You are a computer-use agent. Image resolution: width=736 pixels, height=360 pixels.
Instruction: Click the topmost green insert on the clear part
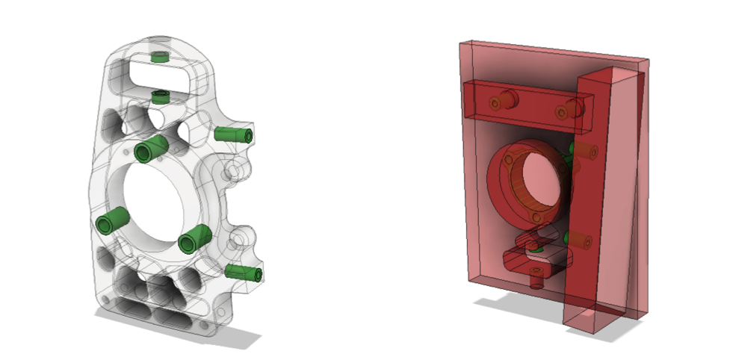point(158,57)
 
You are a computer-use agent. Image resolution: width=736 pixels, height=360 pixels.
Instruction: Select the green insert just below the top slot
point(159,96)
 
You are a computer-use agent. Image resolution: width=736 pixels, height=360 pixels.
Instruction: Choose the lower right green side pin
point(244,273)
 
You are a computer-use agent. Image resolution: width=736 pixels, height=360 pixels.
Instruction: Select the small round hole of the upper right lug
point(232,171)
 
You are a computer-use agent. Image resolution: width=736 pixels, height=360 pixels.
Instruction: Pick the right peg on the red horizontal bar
point(569,109)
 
